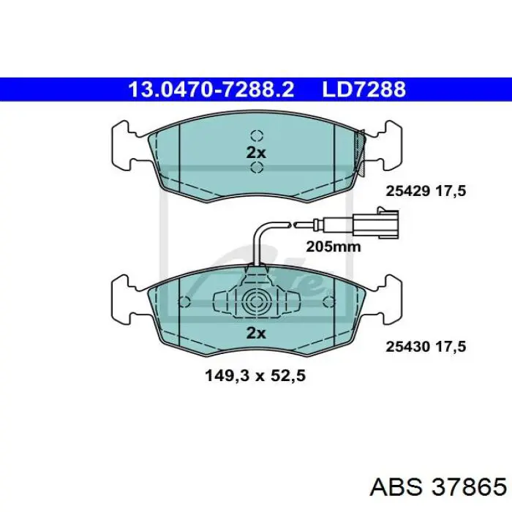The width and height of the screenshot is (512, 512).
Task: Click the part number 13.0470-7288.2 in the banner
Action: click(x=211, y=89)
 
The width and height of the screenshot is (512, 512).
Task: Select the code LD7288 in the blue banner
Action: click(x=364, y=89)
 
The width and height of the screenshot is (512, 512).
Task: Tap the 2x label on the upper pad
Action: click(x=256, y=152)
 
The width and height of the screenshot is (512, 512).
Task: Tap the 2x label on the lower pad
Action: click(x=256, y=333)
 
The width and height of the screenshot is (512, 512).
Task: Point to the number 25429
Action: click(x=407, y=191)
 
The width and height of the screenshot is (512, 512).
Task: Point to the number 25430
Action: click(x=407, y=347)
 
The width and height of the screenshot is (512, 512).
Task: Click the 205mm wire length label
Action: click(x=334, y=247)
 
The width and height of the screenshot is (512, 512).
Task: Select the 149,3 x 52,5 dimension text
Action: click(x=255, y=376)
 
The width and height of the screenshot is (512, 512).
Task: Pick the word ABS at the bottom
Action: click(x=396, y=488)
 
